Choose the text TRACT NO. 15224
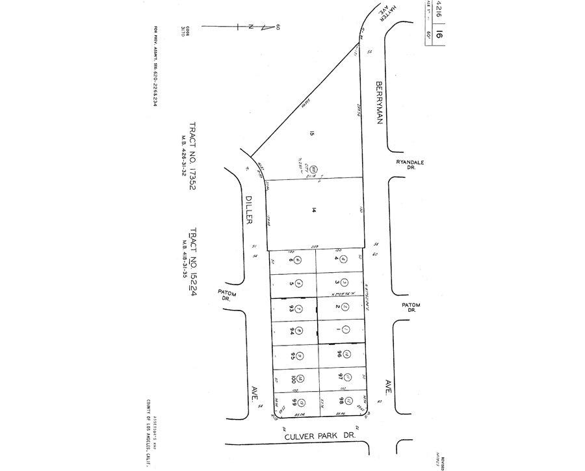[x=192, y=267]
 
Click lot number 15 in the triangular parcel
[x=312, y=134]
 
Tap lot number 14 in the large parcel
[x=313, y=210]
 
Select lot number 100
[x=292, y=378]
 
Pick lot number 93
[x=292, y=308]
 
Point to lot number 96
[x=339, y=355]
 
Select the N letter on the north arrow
[x=250, y=27]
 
